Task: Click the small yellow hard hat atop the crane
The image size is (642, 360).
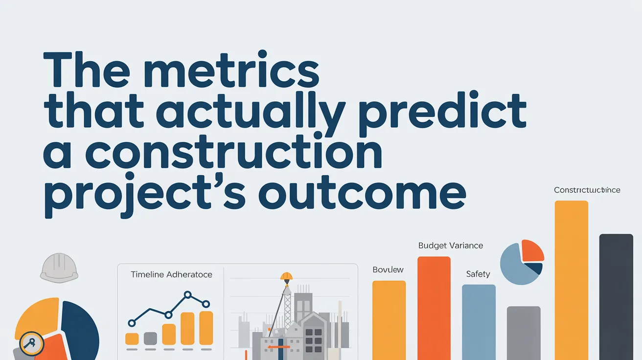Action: click(286, 276)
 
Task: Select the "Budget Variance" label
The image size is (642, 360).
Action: click(451, 246)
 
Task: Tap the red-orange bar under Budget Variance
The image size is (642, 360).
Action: click(434, 308)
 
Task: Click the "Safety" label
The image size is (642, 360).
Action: click(478, 274)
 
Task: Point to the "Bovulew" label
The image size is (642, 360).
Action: click(388, 270)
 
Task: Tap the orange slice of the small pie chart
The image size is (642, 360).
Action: click(532, 250)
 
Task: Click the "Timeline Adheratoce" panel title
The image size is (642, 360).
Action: click(171, 274)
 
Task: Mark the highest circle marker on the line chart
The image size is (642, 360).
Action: click(187, 295)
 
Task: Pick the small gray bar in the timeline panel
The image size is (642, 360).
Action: click(150, 338)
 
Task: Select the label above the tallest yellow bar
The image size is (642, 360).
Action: click(587, 190)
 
